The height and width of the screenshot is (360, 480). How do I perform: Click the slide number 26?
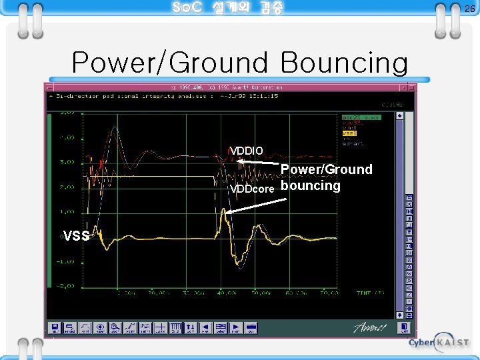[469, 9]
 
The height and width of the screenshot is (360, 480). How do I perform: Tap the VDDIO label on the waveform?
[246, 149]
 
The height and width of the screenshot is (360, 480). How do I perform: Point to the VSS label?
[75, 235]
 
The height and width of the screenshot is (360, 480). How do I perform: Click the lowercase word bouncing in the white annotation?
[311, 185]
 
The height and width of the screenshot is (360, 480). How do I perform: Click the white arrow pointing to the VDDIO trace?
[260, 163]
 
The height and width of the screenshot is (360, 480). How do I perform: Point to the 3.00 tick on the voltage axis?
[67, 162]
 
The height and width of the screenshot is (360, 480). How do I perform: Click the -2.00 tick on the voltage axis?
[65, 285]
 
